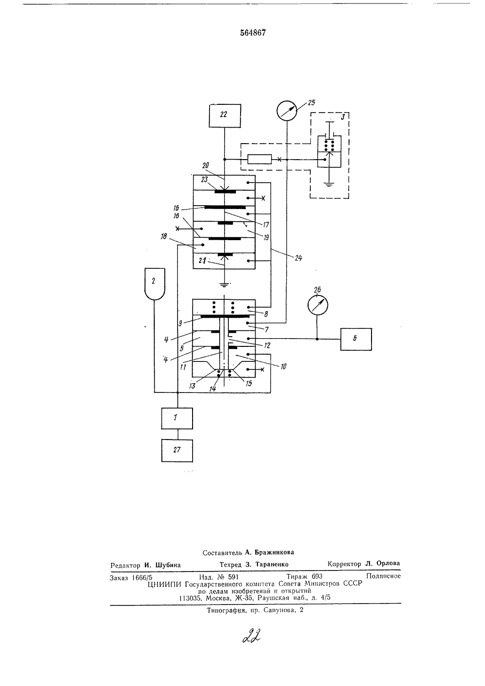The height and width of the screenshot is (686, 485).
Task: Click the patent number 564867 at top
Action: (253, 33)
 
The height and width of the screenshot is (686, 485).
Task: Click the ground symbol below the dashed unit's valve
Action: (329, 184)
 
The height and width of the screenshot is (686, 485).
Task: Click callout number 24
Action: (298, 258)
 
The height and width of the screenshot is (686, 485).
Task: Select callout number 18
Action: (163, 236)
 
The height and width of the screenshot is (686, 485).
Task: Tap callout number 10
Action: (283, 366)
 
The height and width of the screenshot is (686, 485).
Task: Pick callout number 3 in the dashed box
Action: (343, 117)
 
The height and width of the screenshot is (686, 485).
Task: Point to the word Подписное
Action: (383, 576)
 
